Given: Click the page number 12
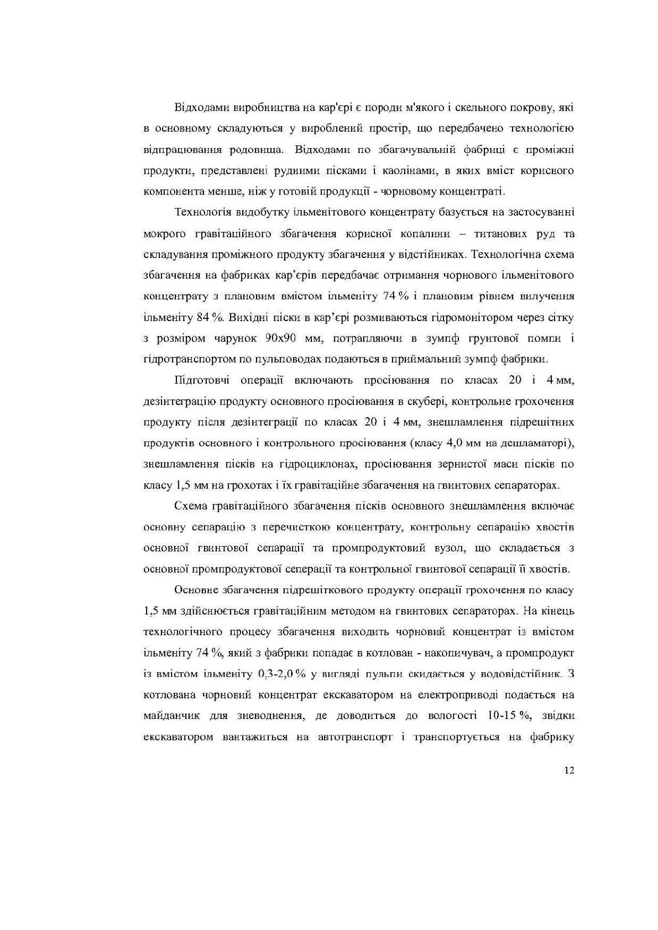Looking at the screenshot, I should (x=569, y=771).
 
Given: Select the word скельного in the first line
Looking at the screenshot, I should (x=457, y=107).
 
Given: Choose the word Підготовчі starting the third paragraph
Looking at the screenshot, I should (x=202, y=380).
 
